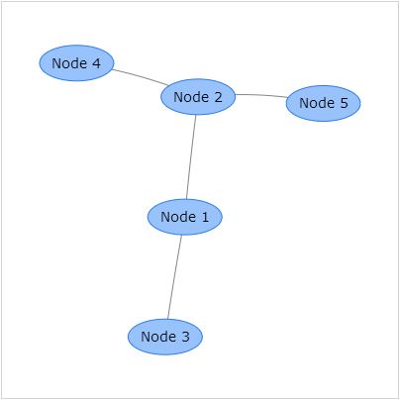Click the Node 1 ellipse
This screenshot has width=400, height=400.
tap(185, 217)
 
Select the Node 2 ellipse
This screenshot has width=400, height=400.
tap(198, 97)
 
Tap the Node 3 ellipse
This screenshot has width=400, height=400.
tap(165, 337)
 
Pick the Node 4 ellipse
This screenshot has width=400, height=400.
tap(76, 63)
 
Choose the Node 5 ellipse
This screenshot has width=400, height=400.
tap(323, 103)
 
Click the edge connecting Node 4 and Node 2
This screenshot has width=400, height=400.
tap(140, 77)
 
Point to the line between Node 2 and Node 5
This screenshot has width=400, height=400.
tap(261, 95)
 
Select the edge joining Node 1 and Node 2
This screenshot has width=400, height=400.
tap(191, 157)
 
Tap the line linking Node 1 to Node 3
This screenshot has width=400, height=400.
tap(174, 277)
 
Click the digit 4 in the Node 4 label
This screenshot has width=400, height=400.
tap(96, 63)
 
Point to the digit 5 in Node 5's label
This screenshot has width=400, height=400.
tap(344, 103)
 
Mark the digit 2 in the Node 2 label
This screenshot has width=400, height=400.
tap(218, 97)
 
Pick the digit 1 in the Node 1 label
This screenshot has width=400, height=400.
tap(205, 217)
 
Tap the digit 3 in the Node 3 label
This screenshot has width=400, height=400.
tap(185, 337)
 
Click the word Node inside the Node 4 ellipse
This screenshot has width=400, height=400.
tap(69, 63)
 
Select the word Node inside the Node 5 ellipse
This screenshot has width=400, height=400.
tap(317, 103)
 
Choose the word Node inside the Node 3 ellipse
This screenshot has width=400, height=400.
tap(158, 337)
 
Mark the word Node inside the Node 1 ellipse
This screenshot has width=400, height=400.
tap(178, 217)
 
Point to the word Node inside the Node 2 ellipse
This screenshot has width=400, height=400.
tap(191, 97)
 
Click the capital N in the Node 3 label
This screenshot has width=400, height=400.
tap(146, 337)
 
